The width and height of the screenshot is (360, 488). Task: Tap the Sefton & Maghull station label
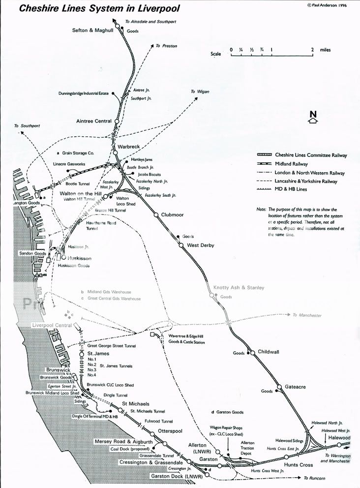(x=93, y=30)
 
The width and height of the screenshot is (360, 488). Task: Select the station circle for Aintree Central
(x=117, y=121)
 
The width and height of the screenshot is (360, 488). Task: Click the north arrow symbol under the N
(x=313, y=121)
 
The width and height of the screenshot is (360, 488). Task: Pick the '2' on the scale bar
(x=313, y=50)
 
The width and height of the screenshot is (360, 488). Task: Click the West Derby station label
(x=200, y=245)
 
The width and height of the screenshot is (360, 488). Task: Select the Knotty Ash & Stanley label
(x=239, y=287)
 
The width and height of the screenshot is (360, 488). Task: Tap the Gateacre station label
(x=295, y=387)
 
